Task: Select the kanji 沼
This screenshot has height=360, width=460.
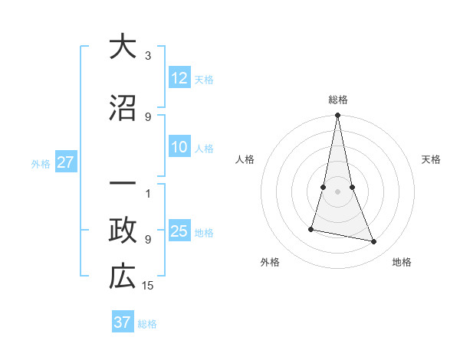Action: pyautogui.click(x=122, y=107)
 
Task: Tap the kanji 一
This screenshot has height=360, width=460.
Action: pyautogui.click(x=122, y=185)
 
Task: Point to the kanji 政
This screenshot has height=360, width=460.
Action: pyautogui.click(x=122, y=230)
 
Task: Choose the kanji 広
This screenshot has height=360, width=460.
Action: pyautogui.click(x=122, y=277)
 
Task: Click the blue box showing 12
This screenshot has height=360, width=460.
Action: pyautogui.click(x=179, y=78)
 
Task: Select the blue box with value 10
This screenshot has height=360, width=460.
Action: pyautogui.click(x=179, y=148)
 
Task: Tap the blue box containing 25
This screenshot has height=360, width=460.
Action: pyautogui.click(x=179, y=231)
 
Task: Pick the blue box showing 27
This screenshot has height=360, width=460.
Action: pyautogui.click(x=66, y=162)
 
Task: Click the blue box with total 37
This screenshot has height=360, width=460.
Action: pyautogui.click(x=123, y=322)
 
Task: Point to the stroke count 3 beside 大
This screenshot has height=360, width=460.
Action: pyautogui.click(x=148, y=56)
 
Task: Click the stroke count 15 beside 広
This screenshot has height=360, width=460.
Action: pyautogui.click(x=148, y=286)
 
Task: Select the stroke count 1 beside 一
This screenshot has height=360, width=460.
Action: pyautogui.click(x=148, y=193)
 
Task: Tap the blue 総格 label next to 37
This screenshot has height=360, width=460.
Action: pyautogui.click(x=147, y=324)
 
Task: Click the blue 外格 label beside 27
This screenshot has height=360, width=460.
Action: pyautogui.click(x=41, y=163)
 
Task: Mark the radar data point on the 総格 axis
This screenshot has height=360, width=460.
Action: pyautogui.click(x=337, y=116)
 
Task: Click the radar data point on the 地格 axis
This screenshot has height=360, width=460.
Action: pyautogui.click(x=374, y=242)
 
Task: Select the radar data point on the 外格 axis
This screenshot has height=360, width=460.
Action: pyautogui.click(x=311, y=229)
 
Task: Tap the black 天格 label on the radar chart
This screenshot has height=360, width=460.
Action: pyautogui.click(x=432, y=159)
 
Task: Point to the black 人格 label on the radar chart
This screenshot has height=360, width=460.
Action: pyautogui.click(x=245, y=159)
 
